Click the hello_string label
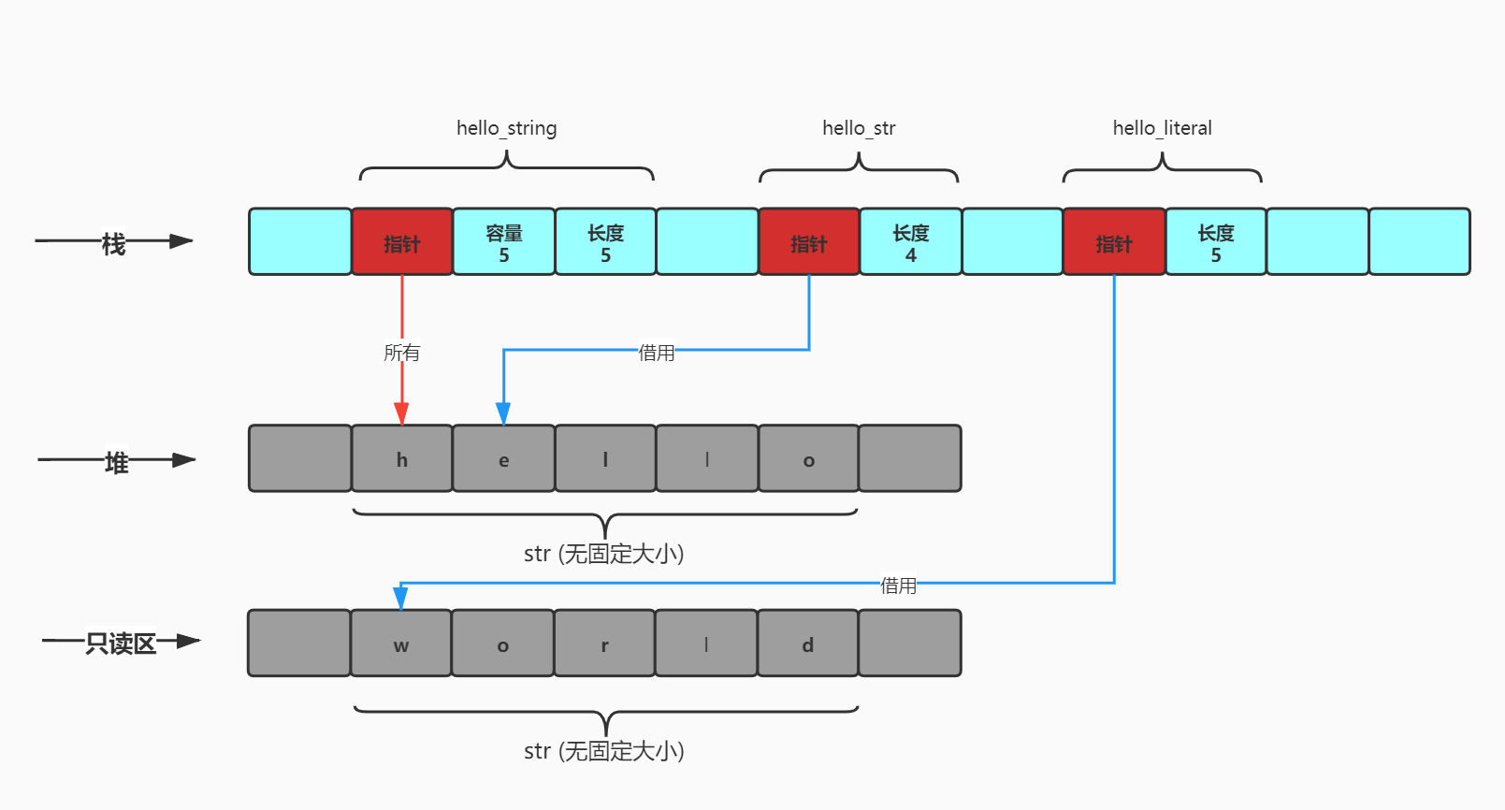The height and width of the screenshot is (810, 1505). [x=507, y=127]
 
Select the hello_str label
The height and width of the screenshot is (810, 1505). [x=859, y=127]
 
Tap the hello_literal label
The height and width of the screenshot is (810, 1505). [x=1163, y=127]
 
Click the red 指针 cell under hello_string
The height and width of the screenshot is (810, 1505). [x=402, y=241]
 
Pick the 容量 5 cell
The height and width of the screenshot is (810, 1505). [x=504, y=241]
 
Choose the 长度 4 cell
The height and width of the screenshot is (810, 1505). [x=910, y=241]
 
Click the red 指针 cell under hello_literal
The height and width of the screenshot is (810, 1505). [x=1114, y=241]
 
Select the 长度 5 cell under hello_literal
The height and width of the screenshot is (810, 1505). [x=1216, y=241]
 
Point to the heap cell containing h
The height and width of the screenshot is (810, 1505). [x=402, y=458]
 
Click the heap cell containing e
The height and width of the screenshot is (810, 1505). [x=504, y=458]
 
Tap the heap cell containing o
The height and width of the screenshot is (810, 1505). [x=809, y=458]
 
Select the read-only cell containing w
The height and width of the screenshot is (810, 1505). [x=401, y=643]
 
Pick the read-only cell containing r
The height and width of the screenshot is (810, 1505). [x=604, y=643]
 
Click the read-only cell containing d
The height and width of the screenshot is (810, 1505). [x=807, y=643]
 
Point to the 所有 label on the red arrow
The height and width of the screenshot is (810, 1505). [x=402, y=352]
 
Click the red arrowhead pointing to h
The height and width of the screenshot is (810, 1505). [x=402, y=413]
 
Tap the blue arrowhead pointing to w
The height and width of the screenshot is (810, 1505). [x=400, y=597]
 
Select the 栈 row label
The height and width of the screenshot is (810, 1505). [x=113, y=244]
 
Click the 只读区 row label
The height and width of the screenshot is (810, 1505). [x=121, y=643]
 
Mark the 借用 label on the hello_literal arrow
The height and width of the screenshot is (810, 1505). [x=898, y=585]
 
